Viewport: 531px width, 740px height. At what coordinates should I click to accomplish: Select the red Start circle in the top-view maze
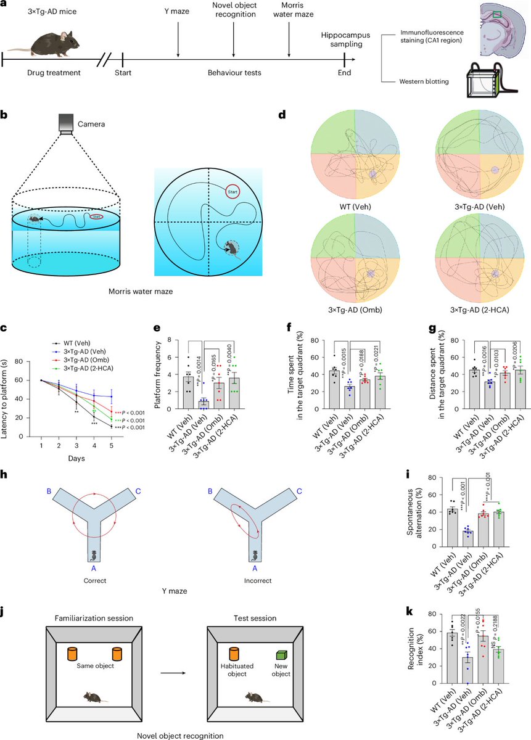coord(233,192)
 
